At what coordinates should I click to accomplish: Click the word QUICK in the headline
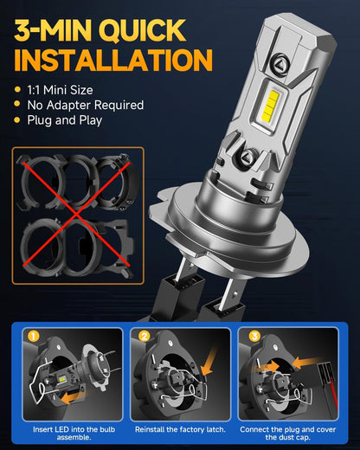(x=143, y=30)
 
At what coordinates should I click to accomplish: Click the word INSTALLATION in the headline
(x=113, y=60)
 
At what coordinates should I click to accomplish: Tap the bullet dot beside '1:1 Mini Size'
(x=17, y=89)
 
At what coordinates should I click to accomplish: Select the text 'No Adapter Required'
(x=86, y=105)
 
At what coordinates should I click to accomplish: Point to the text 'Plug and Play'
(x=65, y=120)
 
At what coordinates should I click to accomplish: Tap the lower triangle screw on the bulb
(x=247, y=157)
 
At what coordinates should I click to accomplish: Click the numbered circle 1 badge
(x=34, y=337)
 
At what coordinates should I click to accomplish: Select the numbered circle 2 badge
(x=144, y=336)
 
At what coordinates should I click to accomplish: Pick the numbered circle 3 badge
(x=254, y=336)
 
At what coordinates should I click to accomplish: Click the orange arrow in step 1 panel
(x=73, y=397)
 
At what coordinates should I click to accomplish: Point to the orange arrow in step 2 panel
(x=209, y=361)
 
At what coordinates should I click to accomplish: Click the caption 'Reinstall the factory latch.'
(x=180, y=429)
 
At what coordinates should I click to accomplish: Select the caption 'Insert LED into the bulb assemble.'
(x=74, y=434)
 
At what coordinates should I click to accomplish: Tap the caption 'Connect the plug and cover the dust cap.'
(x=288, y=434)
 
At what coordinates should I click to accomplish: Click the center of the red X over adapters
(x=76, y=214)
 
